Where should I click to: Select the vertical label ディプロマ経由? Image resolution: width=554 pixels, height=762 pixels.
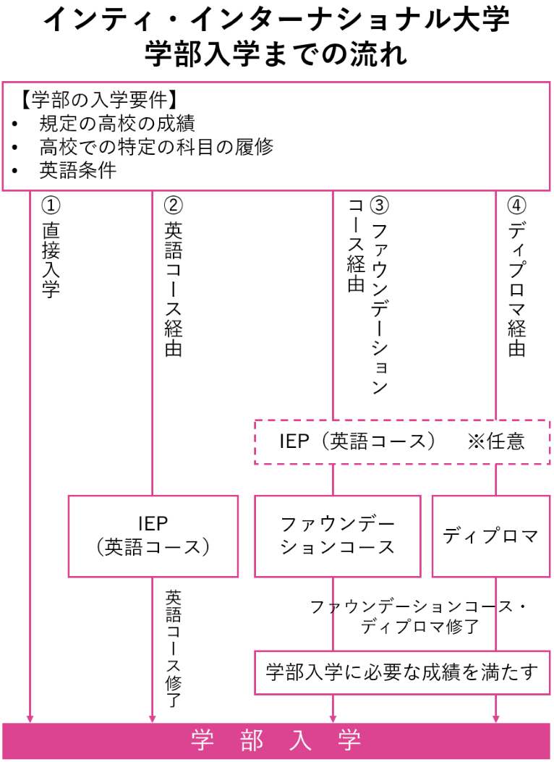516,289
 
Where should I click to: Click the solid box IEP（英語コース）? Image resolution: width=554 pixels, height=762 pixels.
153,535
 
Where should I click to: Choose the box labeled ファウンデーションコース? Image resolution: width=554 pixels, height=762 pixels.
337,535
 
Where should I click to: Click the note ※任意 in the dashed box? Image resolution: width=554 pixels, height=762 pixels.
496,441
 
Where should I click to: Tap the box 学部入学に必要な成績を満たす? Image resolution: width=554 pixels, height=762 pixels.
401,672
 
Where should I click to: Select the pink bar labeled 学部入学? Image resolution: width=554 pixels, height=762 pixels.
276,740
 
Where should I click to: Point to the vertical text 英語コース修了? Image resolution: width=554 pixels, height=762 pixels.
174,648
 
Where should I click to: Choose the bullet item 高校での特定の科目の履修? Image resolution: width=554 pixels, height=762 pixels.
156,147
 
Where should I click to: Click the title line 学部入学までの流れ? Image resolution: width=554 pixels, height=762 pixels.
276,54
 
